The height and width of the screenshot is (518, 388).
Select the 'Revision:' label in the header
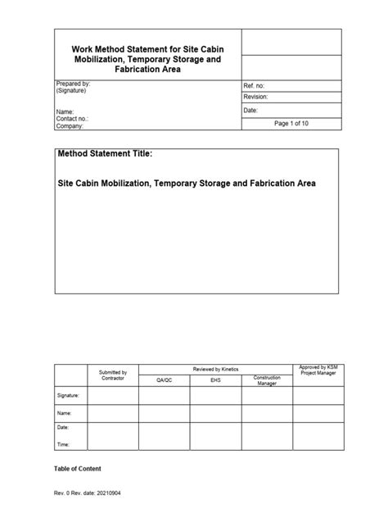pyautogui.click(x=258, y=97)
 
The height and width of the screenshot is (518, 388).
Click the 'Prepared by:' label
pyautogui.click(x=73, y=84)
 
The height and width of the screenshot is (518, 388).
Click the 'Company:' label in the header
pyautogui.click(x=71, y=126)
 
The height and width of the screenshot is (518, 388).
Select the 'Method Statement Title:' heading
pyautogui.click(x=106, y=154)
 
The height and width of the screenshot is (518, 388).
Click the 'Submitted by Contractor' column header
pyautogui.click(x=113, y=375)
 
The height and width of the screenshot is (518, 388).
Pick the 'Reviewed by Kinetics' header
pyautogui.click(x=216, y=370)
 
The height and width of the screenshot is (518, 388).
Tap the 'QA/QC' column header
pyautogui.click(x=165, y=380)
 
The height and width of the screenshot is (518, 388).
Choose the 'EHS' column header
pyautogui.click(x=216, y=380)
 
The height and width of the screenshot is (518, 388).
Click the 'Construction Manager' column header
pyautogui.click(x=267, y=379)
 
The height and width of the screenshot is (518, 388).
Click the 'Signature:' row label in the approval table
pyautogui.click(x=69, y=395)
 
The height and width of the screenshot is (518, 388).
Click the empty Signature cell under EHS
pyautogui.click(x=216, y=395)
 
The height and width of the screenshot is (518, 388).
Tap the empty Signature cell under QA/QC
pyautogui.click(x=165, y=395)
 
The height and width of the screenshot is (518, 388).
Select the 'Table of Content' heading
pyautogui.click(x=78, y=469)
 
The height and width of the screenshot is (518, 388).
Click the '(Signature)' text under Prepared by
pyautogui.click(x=72, y=92)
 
